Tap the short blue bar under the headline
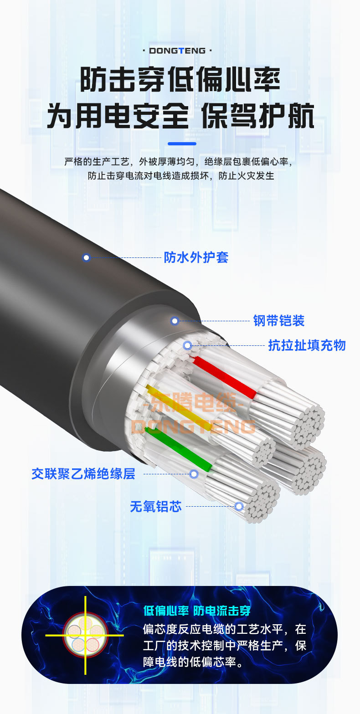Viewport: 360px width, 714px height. (x=182, y=144)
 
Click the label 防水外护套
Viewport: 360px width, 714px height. (x=196, y=257)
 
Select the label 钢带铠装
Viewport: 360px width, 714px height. (x=279, y=321)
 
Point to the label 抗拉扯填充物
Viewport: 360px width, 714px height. (x=307, y=345)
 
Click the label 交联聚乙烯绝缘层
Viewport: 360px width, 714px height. (x=83, y=474)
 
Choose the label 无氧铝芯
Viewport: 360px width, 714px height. (x=155, y=507)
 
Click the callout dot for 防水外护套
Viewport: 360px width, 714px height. (x=86, y=257)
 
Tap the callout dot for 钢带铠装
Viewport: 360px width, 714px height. (x=175, y=321)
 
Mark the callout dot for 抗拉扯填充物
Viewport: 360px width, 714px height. (x=187, y=345)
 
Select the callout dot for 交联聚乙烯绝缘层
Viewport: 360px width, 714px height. (x=194, y=474)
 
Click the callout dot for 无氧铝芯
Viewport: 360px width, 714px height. (x=239, y=506)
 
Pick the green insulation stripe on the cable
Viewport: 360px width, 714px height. (x=179, y=448)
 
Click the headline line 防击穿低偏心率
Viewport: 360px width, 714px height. (x=180, y=79)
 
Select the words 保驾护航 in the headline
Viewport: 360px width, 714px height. (x=258, y=116)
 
